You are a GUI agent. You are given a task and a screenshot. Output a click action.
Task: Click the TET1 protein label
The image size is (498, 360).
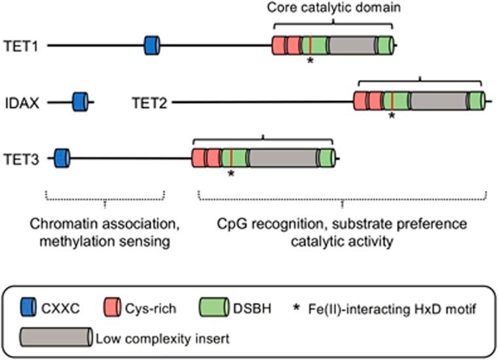tap(20, 46)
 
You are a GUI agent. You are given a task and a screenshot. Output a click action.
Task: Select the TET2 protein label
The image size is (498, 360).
tap(150, 102)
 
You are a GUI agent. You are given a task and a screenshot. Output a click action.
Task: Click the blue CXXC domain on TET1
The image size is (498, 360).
tap(152, 45)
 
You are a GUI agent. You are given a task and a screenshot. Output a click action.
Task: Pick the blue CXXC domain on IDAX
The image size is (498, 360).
tap(81, 102)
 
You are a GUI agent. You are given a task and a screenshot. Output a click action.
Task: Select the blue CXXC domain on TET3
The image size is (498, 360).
tap(62, 158)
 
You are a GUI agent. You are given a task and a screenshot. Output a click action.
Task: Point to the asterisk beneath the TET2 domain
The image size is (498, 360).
tap(391, 117)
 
